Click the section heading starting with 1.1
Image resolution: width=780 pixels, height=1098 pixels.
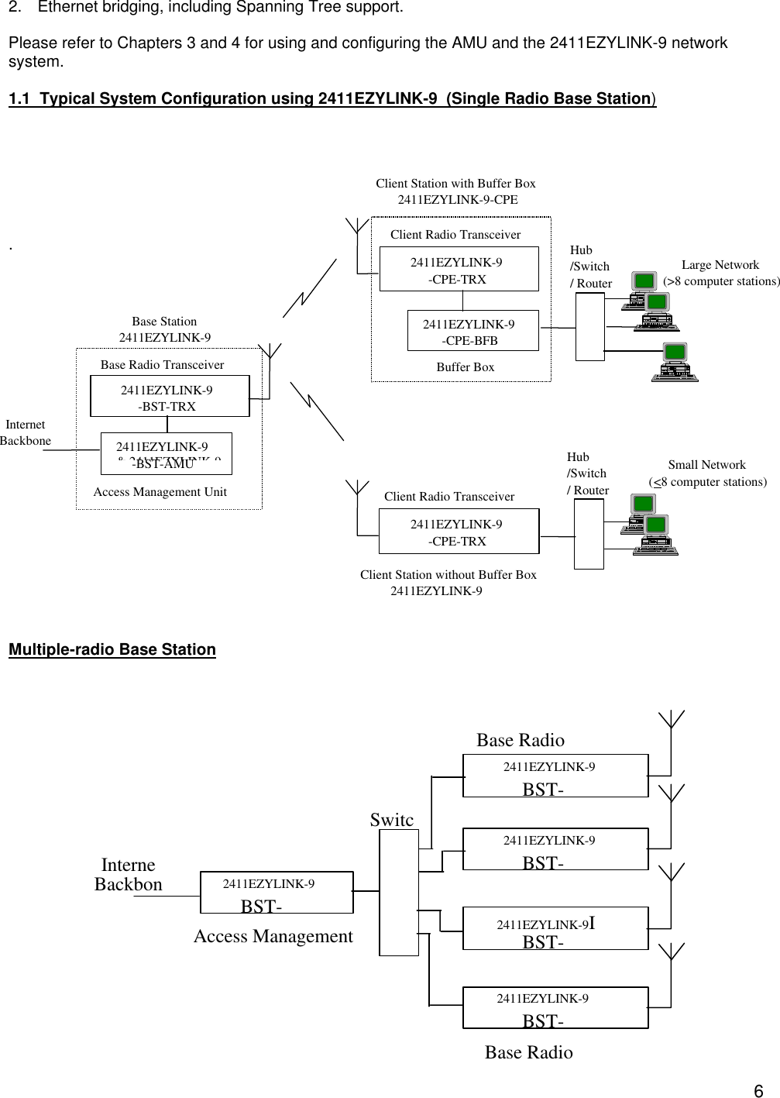click(332, 99)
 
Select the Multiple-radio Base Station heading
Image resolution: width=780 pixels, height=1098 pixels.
click(112, 649)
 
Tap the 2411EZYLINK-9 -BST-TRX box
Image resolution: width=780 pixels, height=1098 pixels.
click(170, 396)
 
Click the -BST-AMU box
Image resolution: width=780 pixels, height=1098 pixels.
click(166, 453)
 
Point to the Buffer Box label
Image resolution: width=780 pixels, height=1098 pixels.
click(465, 367)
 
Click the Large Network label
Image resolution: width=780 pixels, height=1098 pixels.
click(720, 273)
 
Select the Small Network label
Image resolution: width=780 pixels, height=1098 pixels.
click(707, 473)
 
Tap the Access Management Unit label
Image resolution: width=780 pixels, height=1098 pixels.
click(160, 492)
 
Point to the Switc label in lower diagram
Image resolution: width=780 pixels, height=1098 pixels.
click(391, 820)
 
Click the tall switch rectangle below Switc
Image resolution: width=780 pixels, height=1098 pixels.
click(399, 892)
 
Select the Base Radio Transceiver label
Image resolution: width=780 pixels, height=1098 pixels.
click(162, 365)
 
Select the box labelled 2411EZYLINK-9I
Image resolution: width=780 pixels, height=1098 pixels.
click(555, 928)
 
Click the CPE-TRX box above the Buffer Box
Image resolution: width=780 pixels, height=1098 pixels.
click(459, 270)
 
